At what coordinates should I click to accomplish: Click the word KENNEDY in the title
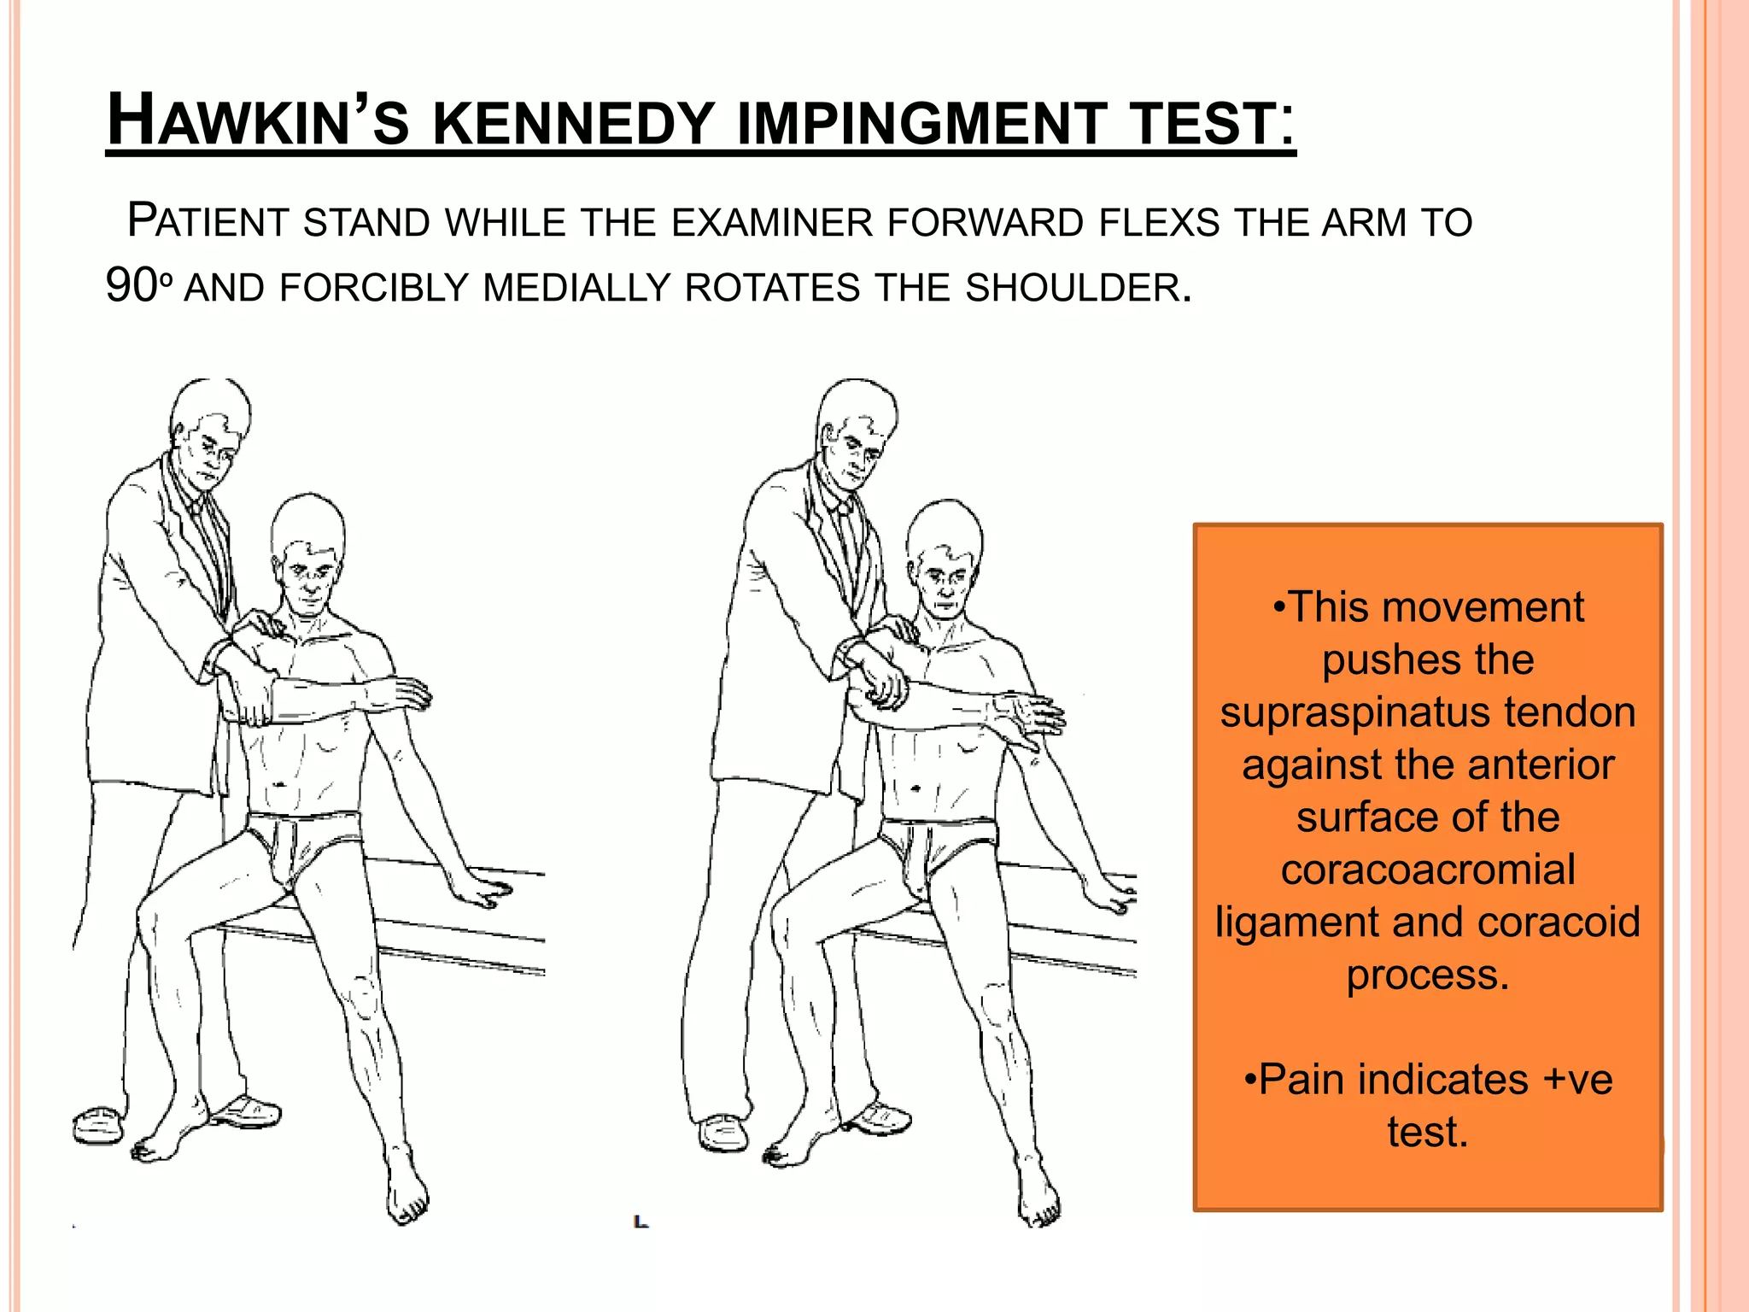tap(573, 123)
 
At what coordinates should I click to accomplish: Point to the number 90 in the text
tap(131, 286)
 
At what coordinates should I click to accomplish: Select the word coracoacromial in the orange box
tap(1427, 870)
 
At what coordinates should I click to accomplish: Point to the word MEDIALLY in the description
tap(576, 288)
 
